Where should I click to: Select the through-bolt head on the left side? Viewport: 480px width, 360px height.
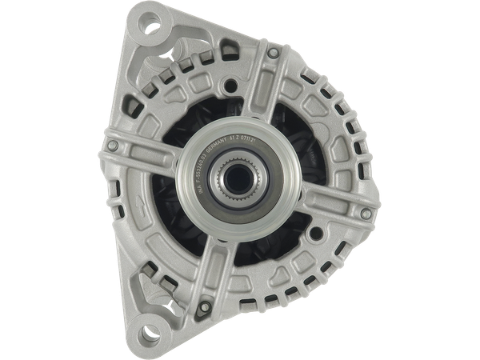point(112,145)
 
